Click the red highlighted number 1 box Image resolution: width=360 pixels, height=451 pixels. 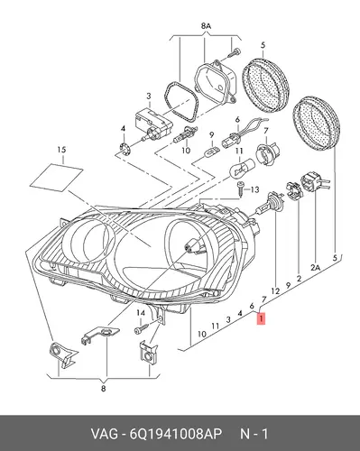coord(262,319)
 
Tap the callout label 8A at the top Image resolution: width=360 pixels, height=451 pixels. coord(206,26)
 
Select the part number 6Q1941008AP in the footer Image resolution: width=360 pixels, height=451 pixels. coord(176,434)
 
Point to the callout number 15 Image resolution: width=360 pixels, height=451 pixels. coord(61,150)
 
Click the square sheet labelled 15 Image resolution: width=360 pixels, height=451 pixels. coord(57,177)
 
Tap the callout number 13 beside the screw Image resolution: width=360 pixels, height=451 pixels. coord(254,189)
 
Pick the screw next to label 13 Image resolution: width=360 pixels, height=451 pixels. coord(241,188)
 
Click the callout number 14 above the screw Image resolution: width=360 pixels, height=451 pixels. coord(141,313)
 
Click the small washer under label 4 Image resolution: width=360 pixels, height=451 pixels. coord(124,147)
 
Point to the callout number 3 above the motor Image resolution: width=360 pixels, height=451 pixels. coord(149,97)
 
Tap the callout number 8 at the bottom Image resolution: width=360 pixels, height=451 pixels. coord(103,389)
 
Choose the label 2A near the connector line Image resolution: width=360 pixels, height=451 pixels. coord(315,267)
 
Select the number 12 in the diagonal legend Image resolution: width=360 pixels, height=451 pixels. coord(275,291)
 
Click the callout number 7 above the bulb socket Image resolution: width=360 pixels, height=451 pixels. coord(266,132)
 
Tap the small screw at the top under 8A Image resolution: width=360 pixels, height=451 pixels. coord(234,53)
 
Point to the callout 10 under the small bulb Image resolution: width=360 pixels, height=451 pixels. coord(186,150)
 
